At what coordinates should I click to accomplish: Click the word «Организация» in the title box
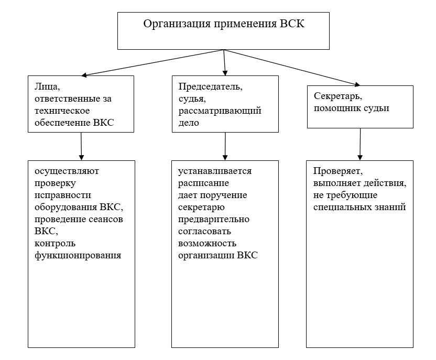[177, 24]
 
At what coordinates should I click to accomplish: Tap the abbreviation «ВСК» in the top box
[292, 24]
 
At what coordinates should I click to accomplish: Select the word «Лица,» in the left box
[47, 87]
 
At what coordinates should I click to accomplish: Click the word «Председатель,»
[211, 87]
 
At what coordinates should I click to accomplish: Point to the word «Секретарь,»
[338, 96]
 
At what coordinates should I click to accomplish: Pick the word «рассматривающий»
[220, 111]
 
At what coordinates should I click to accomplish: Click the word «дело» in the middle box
[189, 123]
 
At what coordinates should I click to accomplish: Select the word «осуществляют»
[67, 171]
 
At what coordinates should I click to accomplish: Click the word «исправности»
[63, 195]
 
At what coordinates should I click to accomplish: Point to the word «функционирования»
[78, 255]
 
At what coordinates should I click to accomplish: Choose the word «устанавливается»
[215, 171]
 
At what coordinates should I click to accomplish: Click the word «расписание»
[203, 183]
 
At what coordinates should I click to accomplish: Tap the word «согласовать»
[205, 231]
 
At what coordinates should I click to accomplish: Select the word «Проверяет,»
[338, 171]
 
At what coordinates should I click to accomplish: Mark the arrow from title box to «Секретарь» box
[292, 68]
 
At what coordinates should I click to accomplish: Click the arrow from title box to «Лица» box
[152, 62]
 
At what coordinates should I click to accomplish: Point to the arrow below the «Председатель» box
[225, 146]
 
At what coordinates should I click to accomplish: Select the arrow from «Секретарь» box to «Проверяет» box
[360, 144]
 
